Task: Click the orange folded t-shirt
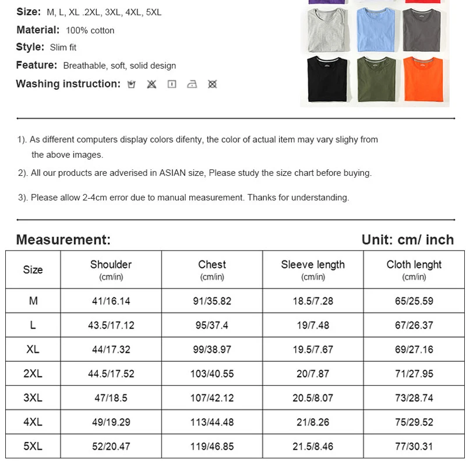pos(423,79)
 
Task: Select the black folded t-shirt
pos(327,79)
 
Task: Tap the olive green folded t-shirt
pos(376,79)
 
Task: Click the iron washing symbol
pos(192,84)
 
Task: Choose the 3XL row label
pos(33,398)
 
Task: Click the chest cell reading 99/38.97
pos(213,349)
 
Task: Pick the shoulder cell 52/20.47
pos(111,446)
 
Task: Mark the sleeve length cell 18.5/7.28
pos(313,301)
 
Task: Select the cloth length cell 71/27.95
pos(414,373)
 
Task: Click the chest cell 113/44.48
pos(213,422)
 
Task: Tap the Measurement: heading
pos(63,239)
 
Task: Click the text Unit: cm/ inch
pos(407,239)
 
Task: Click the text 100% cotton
pos(90,30)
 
